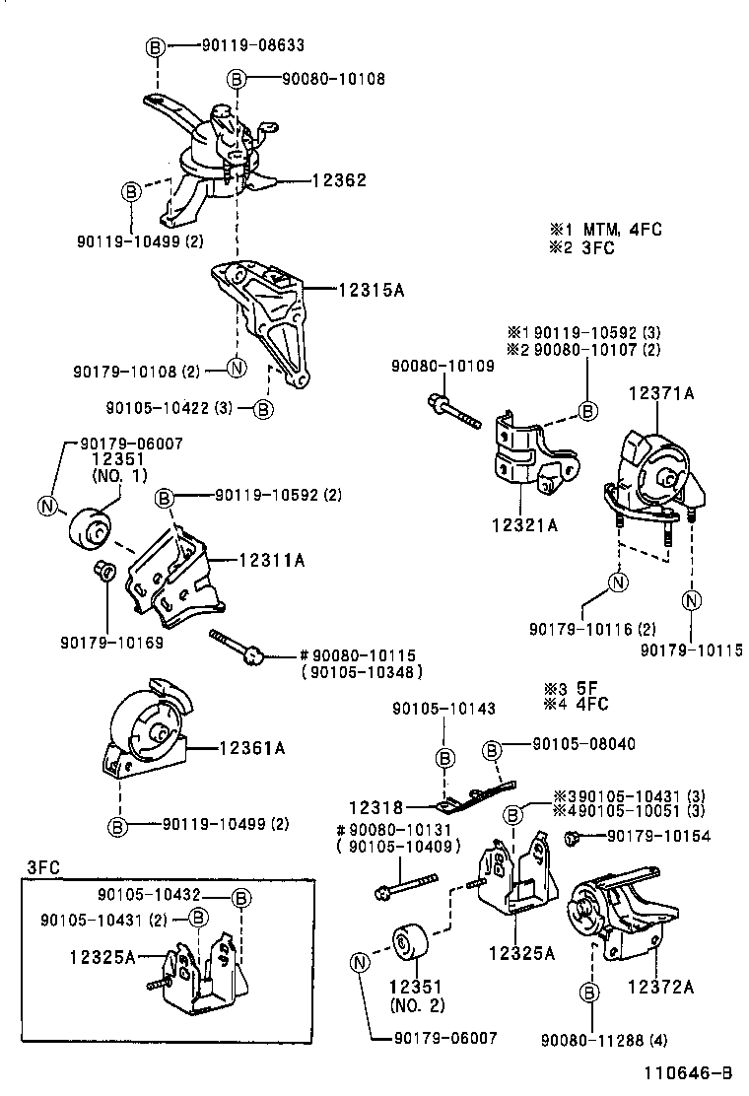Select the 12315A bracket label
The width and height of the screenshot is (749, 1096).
372,291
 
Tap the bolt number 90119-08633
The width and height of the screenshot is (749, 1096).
252,44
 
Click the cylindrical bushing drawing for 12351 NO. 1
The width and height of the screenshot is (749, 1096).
92,531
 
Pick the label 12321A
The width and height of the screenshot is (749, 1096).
523,524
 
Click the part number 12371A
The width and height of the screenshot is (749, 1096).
662,393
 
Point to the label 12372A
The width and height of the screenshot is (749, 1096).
659,985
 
